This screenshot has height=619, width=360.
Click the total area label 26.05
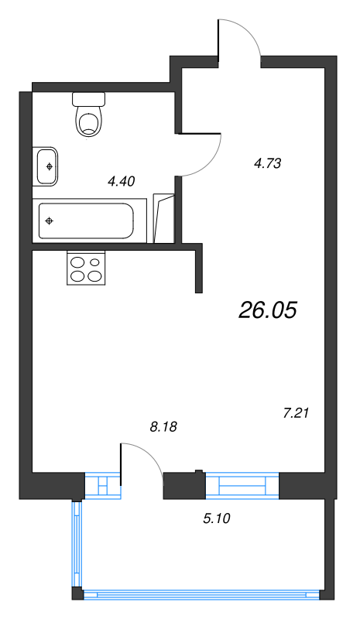[x=268, y=310]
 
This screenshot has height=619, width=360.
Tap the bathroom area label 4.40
[x=122, y=182]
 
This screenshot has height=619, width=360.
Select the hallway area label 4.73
[x=266, y=162]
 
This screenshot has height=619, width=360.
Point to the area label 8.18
[x=163, y=426]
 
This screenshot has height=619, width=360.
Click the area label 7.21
[x=297, y=413]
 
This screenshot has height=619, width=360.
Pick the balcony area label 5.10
[x=216, y=518]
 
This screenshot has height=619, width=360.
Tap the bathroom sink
[x=46, y=166]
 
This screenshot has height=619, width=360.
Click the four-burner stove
[x=85, y=268]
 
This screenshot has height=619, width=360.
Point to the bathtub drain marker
[x=50, y=221]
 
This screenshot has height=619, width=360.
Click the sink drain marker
[x=50, y=166]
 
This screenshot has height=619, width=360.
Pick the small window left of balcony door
[x=102, y=485]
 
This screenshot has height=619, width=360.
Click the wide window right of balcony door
[x=242, y=485]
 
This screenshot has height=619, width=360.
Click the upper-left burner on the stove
[x=78, y=262]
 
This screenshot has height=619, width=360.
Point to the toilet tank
[x=88, y=99]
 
